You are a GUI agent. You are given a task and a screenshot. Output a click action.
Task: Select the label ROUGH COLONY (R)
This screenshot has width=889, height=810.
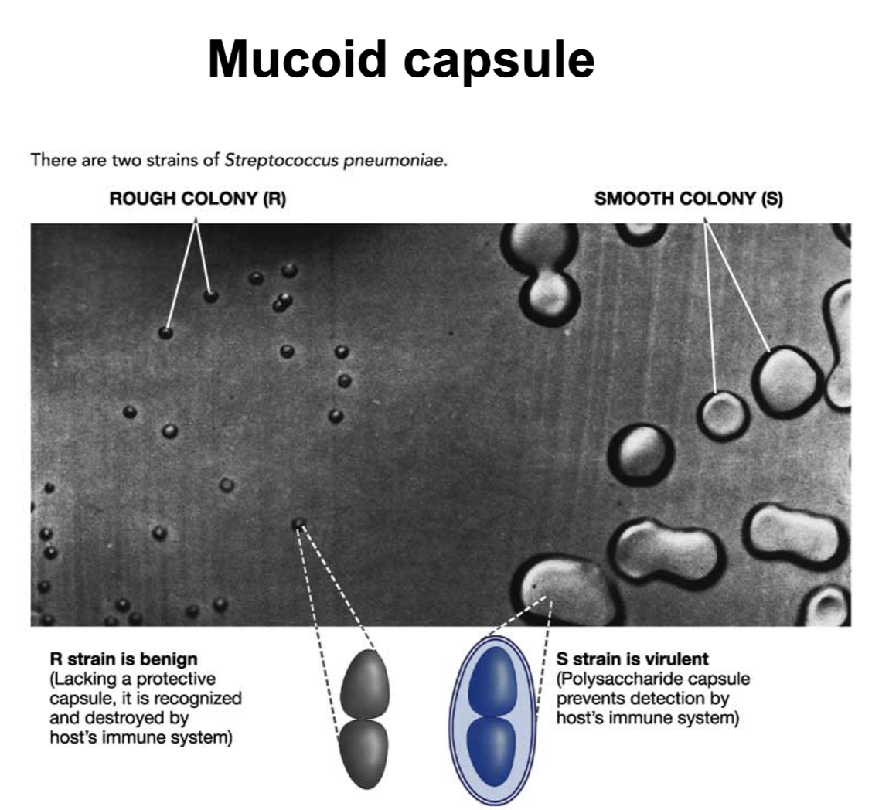[197, 199]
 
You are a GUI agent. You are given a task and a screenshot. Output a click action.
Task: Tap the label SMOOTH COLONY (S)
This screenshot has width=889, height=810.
[688, 199]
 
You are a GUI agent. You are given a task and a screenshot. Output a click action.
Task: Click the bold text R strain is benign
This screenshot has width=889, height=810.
[124, 659]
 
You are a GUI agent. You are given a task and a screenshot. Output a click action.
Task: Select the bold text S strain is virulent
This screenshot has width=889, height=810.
[632, 659]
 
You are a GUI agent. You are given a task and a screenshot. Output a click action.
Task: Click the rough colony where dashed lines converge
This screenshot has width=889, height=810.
[299, 525]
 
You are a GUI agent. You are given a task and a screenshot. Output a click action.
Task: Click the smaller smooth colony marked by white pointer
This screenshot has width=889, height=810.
[722, 414]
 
